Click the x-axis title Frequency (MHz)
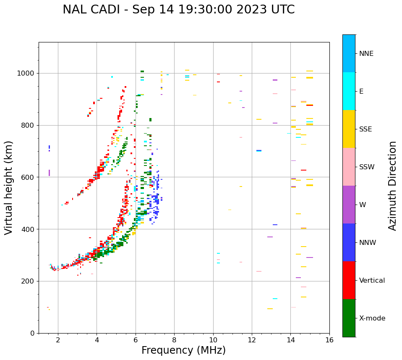coord(183,350)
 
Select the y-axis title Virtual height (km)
coord(9,187)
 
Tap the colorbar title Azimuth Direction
coord(392,185)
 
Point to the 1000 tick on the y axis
coord(28,73)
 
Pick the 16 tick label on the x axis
coord(329,340)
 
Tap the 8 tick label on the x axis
coord(174,340)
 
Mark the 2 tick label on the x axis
coord(58,340)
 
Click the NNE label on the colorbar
coord(366,54)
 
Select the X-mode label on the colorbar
coord(372,318)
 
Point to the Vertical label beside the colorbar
coord(372,281)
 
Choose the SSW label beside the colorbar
coord(367,167)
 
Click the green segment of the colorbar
coord(349,318)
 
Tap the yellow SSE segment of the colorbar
coord(349,129)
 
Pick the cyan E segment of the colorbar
coord(349,91)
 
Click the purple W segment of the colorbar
coord(349,205)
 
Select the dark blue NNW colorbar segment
coord(349,242)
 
